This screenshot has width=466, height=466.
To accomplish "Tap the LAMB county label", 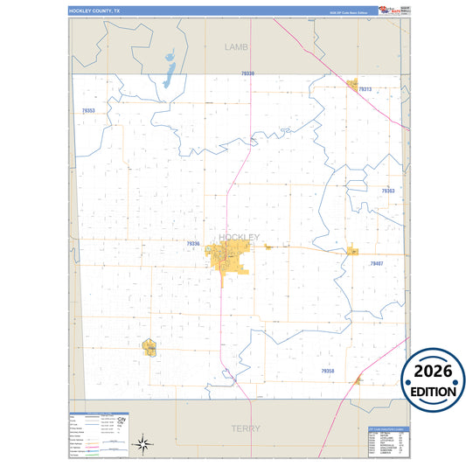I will tap(237, 45).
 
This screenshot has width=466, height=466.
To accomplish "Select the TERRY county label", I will tap(246, 428).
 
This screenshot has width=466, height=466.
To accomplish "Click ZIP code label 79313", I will tap(365, 90).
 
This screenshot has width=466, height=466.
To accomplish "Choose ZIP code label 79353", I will tap(87, 111).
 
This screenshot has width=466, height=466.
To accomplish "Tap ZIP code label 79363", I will tap(388, 190).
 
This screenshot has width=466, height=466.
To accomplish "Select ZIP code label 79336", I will tap(193, 244).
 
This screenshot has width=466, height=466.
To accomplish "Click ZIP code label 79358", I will tap(327, 371).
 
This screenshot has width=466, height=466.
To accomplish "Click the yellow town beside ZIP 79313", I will tap(353, 86).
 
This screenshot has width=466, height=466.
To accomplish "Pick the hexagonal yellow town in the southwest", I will tap(149, 347).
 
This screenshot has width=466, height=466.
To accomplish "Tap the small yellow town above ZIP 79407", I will tap(352, 250).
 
